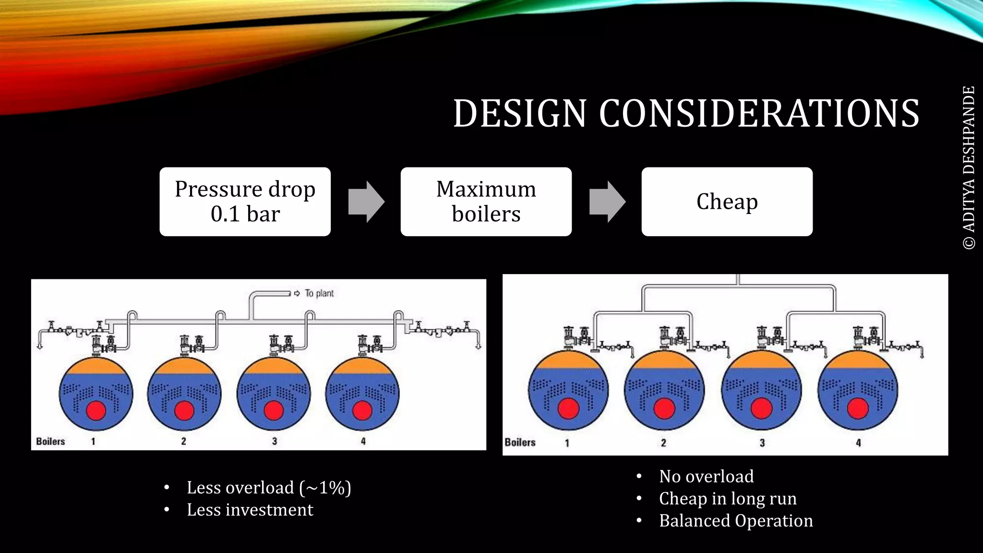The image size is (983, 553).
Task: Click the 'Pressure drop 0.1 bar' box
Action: coord(245,202)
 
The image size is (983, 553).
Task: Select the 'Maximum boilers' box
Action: coord(486,202)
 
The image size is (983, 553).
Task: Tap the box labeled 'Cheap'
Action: coord(727,202)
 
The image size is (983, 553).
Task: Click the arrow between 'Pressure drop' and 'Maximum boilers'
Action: coord(366,202)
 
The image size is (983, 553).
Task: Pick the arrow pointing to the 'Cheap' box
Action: coord(607,202)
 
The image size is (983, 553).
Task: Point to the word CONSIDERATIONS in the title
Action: coord(759,114)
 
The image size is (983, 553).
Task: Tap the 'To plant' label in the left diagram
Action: coord(319,293)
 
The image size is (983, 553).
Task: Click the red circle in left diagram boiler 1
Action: coord(96,411)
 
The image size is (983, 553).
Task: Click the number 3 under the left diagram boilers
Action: coord(275,441)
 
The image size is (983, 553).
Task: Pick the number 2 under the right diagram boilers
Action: coord(663,443)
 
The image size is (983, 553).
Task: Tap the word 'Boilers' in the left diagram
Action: coord(50,441)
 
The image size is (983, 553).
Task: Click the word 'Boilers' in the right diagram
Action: coord(520,442)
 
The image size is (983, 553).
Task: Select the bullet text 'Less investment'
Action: coord(250,510)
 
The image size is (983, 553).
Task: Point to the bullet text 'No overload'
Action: coord(706,476)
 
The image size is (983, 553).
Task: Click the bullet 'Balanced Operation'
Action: coord(736,521)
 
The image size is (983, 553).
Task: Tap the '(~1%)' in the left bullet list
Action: coord(325,488)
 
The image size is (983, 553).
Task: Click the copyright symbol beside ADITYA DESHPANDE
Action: coord(969,242)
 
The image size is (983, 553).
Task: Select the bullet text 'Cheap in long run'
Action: coord(728,498)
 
